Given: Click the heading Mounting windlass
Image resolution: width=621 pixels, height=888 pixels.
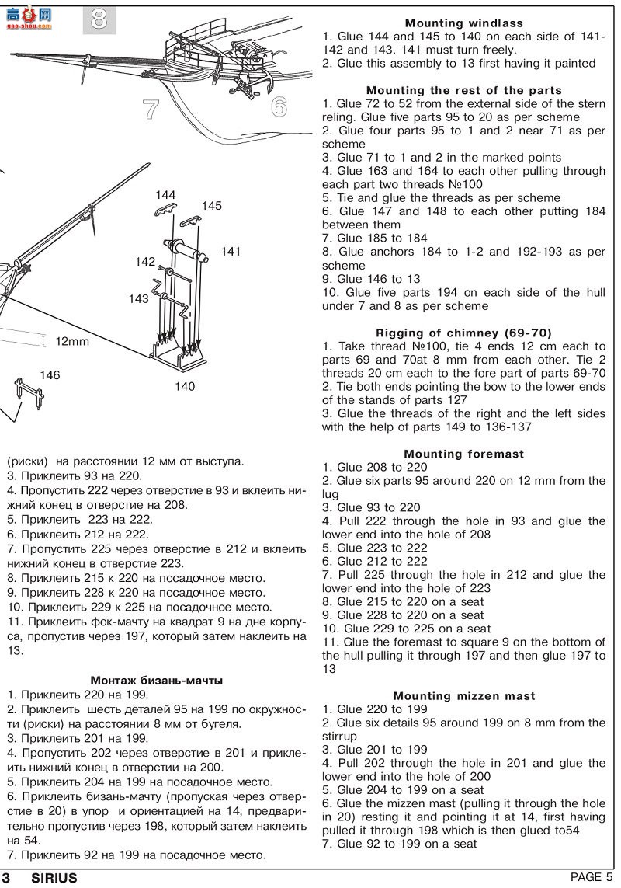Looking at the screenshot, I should pyautogui.click(x=463, y=23).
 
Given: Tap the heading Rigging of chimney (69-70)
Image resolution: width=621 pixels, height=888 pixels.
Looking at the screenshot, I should pyautogui.click(x=463, y=333).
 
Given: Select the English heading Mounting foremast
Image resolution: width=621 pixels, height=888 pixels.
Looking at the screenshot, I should pyautogui.click(x=463, y=454).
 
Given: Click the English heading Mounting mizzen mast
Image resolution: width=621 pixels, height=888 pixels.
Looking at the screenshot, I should pyautogui.click(x=463, y=696).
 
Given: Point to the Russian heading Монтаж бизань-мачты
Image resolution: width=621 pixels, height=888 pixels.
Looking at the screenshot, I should pyautogui.click(x=156, y=681).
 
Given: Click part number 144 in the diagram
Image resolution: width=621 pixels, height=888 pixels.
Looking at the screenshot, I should pyautogui.click(x=165, y=195).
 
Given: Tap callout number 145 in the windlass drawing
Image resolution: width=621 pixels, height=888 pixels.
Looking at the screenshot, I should pyautogui.click(x=212, y=206).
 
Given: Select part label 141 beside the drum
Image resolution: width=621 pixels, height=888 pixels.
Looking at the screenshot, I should pyautogui.click(x=231, y=252).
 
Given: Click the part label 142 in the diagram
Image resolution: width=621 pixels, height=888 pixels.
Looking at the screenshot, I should pyautogui.click(x=144, y=262).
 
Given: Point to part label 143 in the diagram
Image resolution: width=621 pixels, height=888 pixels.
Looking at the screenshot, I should pyautogui.click(x=139, y=298).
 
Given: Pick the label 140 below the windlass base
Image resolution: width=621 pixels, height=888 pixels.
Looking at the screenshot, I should pyautogui.click(x=185, y=387).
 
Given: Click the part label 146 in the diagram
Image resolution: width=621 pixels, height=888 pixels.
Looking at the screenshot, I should pyautogui.click(x=50, y=375).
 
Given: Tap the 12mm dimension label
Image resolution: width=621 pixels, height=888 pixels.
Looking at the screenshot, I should pyautogui.click(x=73, y=341).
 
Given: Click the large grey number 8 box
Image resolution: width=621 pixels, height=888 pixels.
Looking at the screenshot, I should pyautogui.click(x=99, y=19).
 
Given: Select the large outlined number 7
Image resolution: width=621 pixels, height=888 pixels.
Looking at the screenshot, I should pyautogui.click(x=151, y=110).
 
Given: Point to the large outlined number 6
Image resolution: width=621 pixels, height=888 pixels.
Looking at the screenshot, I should pyautogui.click(x=279, y=106).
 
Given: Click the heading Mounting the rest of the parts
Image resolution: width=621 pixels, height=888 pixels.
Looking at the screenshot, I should pyautogui.click(x=463, y=91).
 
